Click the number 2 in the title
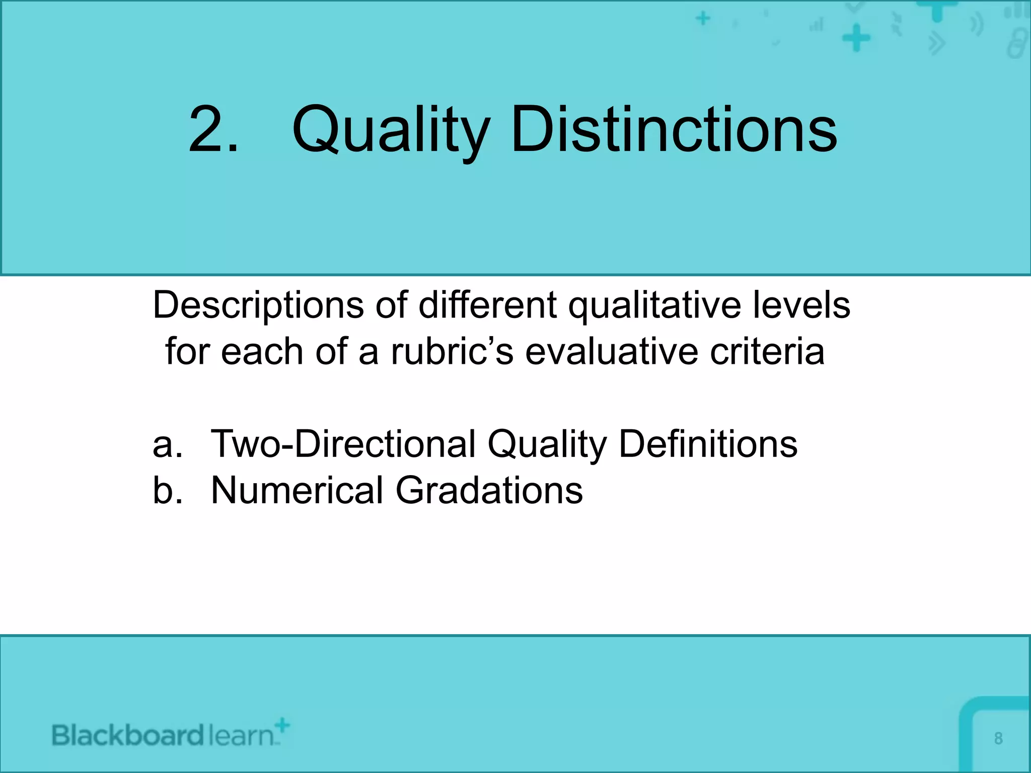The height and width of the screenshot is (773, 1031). tap(207, 130)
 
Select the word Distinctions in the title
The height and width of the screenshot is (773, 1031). tap(674, 130)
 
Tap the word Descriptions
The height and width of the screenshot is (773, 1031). tap(258, 306)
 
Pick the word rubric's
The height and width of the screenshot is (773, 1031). tap(452, 351)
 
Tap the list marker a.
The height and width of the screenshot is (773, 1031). tap(167, 445)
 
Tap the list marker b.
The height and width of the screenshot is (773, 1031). tap(167, 490)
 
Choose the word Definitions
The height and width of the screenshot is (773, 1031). tap(708, 444)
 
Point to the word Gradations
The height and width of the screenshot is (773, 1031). tap(489, 490)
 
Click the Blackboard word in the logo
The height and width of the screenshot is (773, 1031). tap(128, 736)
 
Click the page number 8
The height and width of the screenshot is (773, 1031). tap(998, 738)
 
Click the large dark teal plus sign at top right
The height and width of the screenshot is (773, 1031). tap(856, 38)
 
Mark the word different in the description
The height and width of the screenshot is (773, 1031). tap(487, 305)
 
